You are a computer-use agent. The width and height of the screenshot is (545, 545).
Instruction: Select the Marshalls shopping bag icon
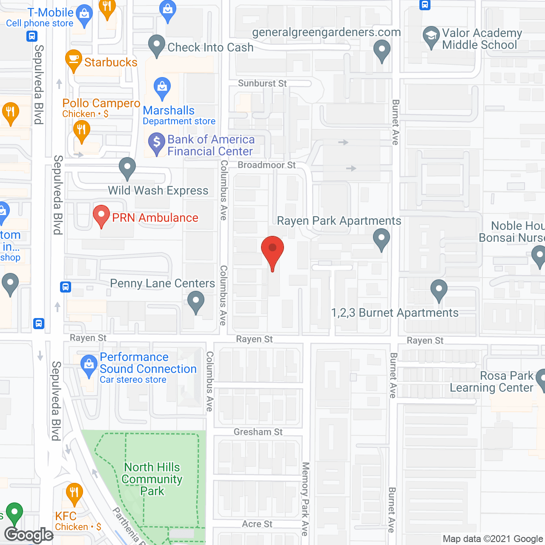162,87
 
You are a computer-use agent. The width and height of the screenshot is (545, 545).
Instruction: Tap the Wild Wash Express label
158,190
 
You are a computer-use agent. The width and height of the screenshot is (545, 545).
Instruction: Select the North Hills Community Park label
152,479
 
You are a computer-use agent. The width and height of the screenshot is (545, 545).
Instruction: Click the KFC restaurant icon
74,492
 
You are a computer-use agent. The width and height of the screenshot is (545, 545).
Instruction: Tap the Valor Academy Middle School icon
431,36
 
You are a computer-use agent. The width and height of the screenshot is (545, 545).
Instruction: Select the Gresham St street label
258,432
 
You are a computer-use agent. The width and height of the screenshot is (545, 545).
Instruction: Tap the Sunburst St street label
262,83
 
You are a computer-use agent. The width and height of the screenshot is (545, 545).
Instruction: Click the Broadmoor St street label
267,165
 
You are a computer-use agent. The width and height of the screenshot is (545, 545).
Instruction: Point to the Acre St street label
257,524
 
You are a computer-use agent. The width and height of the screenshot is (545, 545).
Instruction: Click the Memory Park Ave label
305,498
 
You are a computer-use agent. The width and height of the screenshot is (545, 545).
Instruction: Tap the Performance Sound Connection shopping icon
89,365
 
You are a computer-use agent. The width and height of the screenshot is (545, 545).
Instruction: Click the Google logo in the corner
29,535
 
